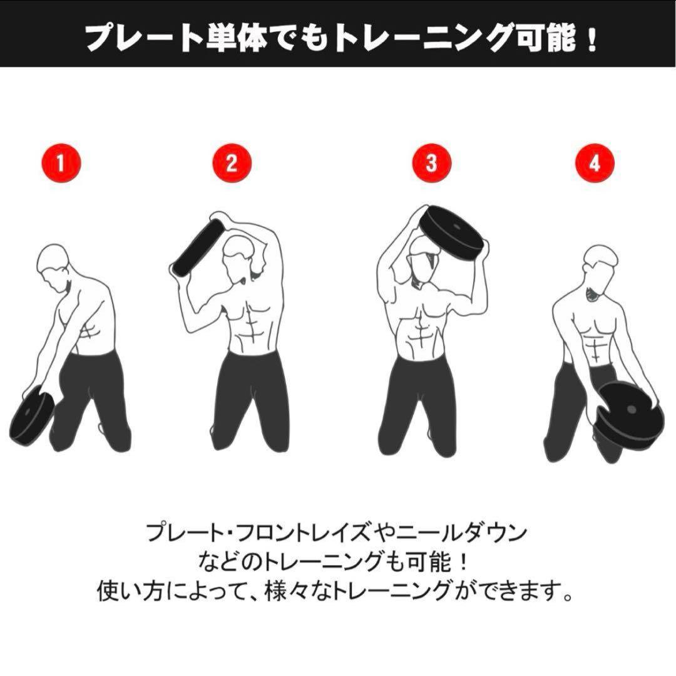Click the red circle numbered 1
pos(60,164)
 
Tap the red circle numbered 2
pos(231,164)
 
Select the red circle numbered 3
pos(431,164)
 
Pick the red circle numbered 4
pos(595,164)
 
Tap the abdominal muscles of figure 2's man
pos(253,326)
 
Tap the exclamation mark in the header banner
pos(591,39)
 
